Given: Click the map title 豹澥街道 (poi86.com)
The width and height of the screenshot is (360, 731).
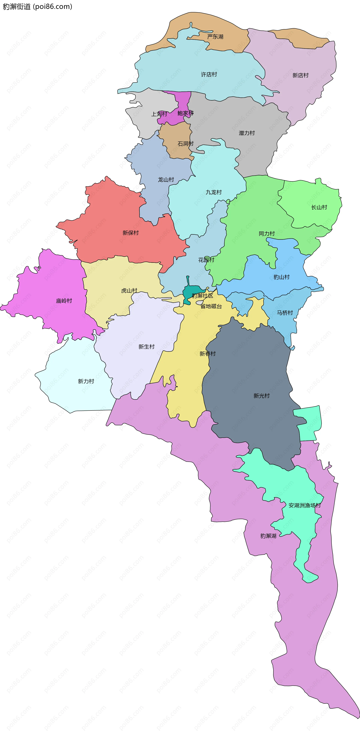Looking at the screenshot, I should tap(37, 7).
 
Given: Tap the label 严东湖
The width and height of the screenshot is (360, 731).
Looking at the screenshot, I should tap(215, 37).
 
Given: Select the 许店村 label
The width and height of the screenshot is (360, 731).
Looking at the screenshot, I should tap(209, 74).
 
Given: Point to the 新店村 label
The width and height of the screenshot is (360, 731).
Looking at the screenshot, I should tap(300, 75).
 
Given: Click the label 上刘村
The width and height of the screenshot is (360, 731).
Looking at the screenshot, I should tap(159, 114).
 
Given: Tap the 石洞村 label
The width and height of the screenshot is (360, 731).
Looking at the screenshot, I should tap(185, 144).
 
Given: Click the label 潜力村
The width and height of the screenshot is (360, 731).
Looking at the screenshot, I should tap(247, 133).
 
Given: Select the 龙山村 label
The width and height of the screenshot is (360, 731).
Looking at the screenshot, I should tap(166, 180).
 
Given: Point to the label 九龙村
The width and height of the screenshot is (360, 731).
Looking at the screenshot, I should tap(214, 192).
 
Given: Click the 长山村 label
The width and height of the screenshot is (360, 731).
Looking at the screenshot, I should tap(319, 207).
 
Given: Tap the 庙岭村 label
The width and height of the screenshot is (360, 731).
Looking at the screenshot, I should tap(64, 301).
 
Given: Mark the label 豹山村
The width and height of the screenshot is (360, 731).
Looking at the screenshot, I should tap(281, 277).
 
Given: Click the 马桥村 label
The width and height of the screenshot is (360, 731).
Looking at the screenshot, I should tap(285, 312).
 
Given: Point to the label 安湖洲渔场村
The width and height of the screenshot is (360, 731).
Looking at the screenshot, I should tap(304, 505).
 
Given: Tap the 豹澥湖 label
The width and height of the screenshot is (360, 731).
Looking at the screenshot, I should tap(268, 536).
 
